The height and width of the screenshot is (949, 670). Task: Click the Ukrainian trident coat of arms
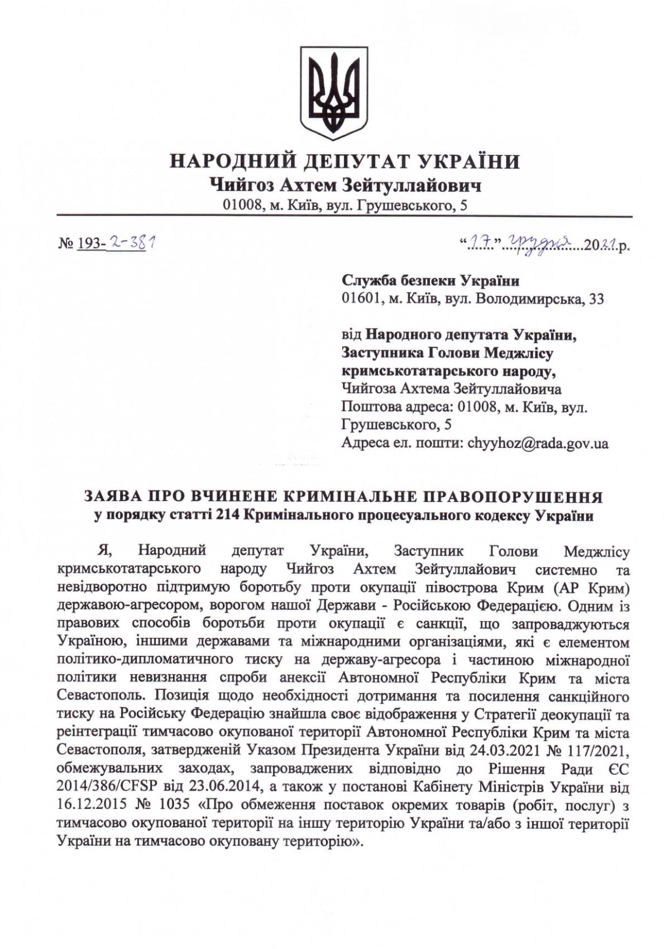coord(334,93)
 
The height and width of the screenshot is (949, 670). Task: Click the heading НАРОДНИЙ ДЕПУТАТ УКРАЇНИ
coord(344,162)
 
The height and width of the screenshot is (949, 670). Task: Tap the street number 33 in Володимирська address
coord(596,299)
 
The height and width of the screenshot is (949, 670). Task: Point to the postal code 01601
coord(360,299)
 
